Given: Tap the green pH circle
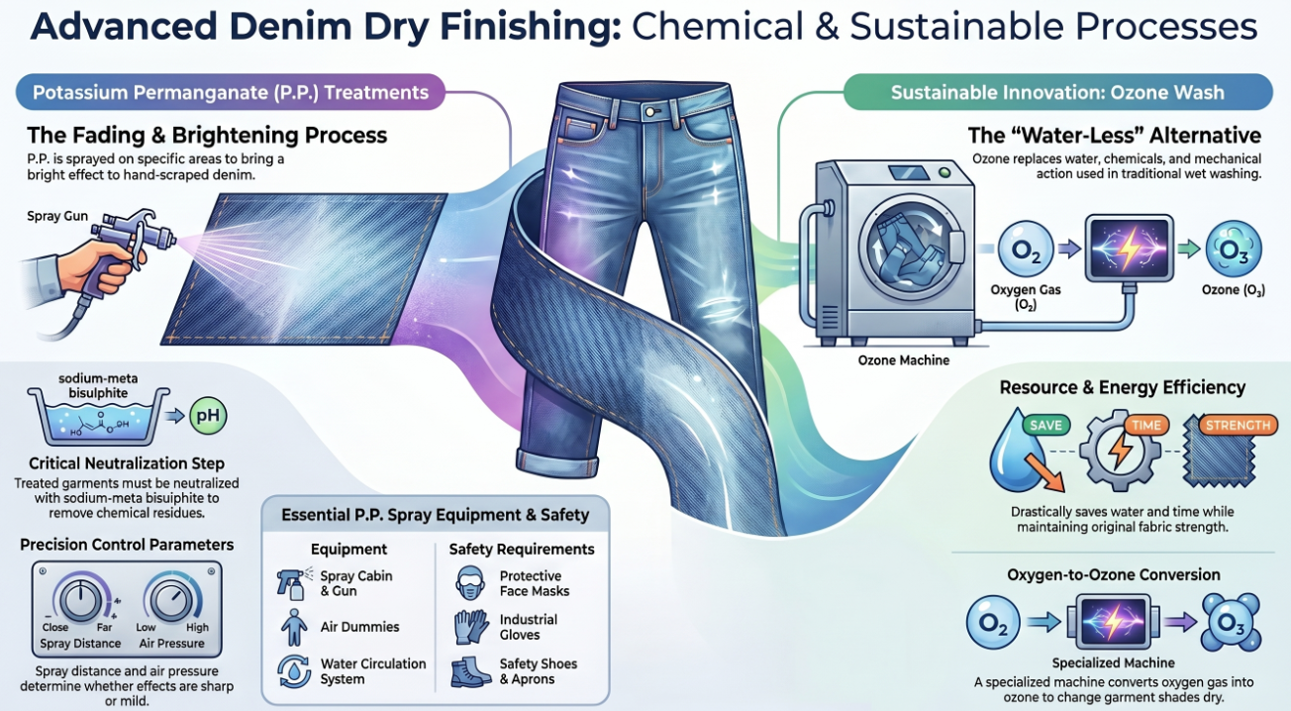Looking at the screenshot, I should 208,417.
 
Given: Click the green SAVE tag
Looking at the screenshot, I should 1045,425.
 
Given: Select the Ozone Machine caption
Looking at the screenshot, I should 903,360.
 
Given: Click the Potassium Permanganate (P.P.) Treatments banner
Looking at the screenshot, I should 230,93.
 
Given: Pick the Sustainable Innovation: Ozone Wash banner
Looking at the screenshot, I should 1057,93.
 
